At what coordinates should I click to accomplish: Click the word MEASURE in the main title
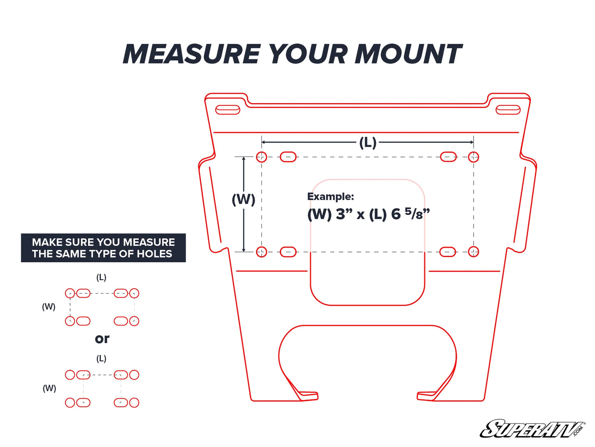(191, 54)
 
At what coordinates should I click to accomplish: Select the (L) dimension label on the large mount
(368, 143)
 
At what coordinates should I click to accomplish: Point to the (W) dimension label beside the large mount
(243, 200)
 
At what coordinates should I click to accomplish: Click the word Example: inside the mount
(330, 197)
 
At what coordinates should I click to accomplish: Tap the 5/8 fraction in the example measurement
(414, 213)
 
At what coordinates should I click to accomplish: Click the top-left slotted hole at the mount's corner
(228, 110)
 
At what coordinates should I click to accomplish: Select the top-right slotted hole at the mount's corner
(508, 110)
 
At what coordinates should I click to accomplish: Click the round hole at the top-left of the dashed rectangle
(261, 157)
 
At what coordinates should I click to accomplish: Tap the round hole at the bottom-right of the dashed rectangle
(474, 252)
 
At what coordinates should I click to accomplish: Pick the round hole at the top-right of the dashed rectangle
(474, 157)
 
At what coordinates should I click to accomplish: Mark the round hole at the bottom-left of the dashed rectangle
(261, 252)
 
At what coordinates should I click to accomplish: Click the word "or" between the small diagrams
(102, 339)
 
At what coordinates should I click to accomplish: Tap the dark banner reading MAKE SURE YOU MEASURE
(103, 248)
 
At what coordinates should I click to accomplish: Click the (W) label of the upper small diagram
(49, 307)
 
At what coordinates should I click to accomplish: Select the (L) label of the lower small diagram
(101, 359)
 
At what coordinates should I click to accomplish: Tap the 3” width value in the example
(344, 214)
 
